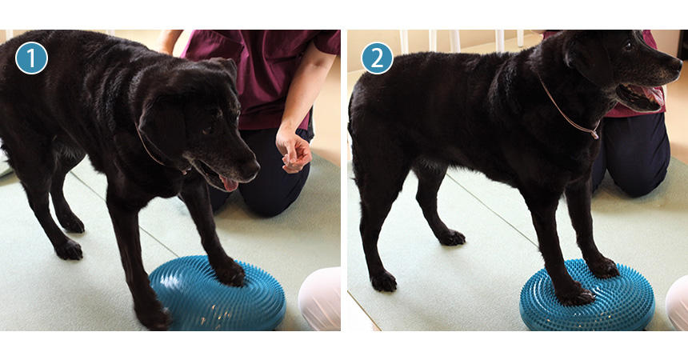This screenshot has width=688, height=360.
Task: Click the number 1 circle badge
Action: tap(31, 58)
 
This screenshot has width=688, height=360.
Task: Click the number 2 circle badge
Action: tap(378, 58)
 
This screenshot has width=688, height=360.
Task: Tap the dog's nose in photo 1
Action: tap(251, 168)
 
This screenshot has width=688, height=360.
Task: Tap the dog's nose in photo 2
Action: tap(676, 66)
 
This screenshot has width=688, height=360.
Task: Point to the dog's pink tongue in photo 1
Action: tap(229, 184)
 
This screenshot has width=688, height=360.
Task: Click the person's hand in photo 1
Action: tap(293, 150)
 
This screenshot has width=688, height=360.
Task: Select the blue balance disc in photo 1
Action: tap(218, 294)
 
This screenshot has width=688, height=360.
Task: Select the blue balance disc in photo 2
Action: tap(587, 295)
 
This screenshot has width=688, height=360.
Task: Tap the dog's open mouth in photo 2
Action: tap(638, 98)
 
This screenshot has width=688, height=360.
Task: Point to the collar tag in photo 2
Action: tap(594, 134)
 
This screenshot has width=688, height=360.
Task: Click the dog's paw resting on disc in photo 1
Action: tap(230, 273)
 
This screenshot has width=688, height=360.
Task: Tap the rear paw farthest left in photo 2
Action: tap(383, 282)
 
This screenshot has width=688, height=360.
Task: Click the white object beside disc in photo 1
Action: tap(320, 298)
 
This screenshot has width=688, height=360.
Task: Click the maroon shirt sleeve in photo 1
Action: tap(326, 42)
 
